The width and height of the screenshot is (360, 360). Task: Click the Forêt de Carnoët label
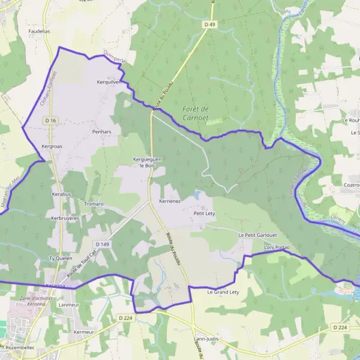point(196,113)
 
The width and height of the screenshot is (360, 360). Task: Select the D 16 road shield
point(50,121)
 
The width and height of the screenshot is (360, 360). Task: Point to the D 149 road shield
point(101,244)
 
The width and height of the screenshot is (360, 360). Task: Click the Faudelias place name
point(39,31)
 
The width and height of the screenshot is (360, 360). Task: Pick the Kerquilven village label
point(109,82)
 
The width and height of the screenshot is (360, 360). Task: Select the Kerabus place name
point(61,195)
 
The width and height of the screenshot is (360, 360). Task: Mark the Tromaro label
point(94,204)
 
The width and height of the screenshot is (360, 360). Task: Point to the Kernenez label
point(170,201)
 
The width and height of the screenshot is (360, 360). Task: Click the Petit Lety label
point(204,213)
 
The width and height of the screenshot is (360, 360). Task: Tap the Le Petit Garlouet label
point(257,235)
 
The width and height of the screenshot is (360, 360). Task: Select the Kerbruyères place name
point(65,218)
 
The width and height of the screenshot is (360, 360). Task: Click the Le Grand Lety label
point(223,292)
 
